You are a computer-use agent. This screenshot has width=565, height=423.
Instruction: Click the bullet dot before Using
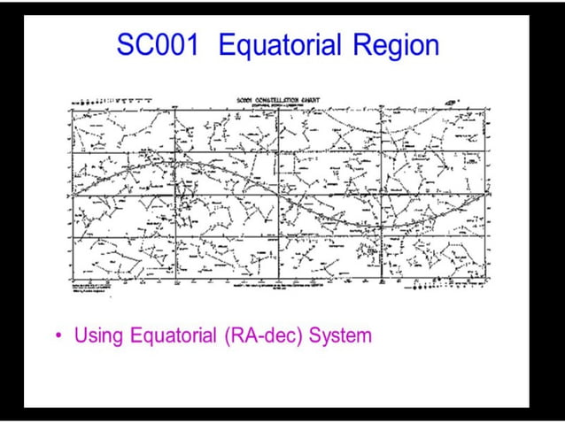tap(58, 336)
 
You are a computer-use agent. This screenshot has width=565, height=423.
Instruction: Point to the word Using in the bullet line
tap(98, 336)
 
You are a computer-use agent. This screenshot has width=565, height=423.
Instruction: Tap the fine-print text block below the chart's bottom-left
tap(97, 288)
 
